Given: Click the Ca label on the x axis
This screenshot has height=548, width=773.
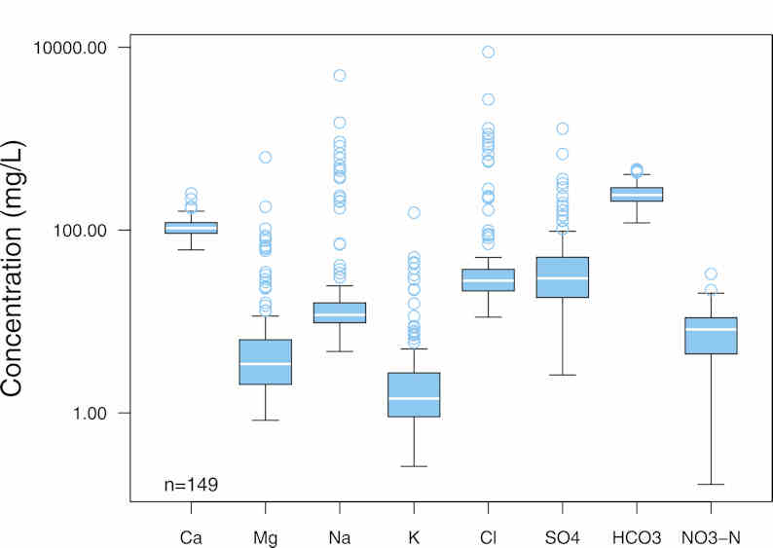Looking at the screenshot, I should click(x=191, y=536).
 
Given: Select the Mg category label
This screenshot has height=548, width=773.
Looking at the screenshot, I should click(x=266, y=536).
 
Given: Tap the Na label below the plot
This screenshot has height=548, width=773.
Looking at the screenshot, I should click(x=340, y=536).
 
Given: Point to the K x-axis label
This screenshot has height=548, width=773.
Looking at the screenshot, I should click(x=414, y=536).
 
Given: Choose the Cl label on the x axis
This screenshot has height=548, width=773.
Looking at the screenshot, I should click(x=488, y=536).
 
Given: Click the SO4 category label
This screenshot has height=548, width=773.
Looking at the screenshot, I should click(x=562, y=536).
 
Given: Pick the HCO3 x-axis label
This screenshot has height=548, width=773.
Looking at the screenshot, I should click(x=636, y=536).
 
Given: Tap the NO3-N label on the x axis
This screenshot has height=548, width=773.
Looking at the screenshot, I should click(x=711, y=536).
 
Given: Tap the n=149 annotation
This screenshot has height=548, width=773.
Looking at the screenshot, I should click(x=190, y=484).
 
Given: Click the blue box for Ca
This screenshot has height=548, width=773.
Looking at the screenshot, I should click(x=191, y=228).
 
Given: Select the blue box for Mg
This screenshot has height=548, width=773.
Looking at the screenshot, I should click(x=266, y=362).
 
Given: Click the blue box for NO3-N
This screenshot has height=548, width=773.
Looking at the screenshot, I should click(x=711, y=335).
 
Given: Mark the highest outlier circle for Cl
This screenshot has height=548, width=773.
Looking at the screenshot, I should click(x=488, y=52).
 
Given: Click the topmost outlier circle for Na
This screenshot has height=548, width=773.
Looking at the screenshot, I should click(x=340, y=75).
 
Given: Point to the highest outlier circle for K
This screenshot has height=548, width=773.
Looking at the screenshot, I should click(x=414, y=212).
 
